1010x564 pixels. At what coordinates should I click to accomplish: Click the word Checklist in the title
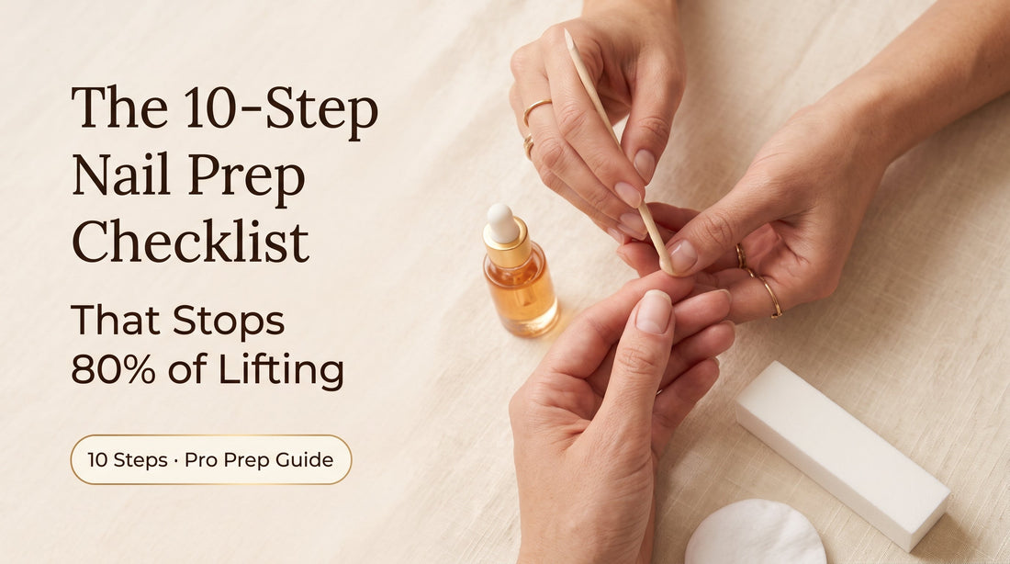191,241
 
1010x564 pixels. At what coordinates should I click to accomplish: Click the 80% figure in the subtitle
113,370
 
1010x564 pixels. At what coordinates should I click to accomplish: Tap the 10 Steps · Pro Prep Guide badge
210,459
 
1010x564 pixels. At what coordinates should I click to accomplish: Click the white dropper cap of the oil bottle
502,222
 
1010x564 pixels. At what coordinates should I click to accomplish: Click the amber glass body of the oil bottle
521,293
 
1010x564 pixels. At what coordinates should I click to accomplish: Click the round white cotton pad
755,534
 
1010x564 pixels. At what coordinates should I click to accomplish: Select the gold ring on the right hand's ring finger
770,296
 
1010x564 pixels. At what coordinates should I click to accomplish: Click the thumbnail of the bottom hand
653,312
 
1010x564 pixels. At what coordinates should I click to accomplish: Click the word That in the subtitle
116,320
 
